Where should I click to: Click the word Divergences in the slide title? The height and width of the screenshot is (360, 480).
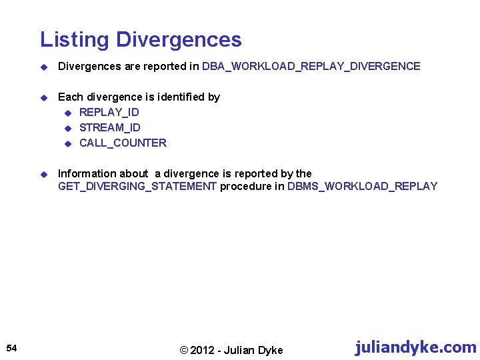pyautogui.click(x=179, y=40)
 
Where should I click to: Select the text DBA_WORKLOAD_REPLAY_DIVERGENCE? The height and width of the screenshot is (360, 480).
pyautogui.click(x=311, y=67)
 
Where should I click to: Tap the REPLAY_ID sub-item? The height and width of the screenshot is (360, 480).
pyautogui.click(x=109, y=112)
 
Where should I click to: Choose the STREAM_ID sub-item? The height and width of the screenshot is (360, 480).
pyautogui.click(x=110, y=127)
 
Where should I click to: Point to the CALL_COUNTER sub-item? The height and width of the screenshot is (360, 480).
pyautogui.click(x=123, y=143)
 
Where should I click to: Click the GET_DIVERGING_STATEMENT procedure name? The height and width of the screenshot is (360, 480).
pyautogui.click(x=137, y=187)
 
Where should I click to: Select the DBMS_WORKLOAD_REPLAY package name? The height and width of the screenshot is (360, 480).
pyautogui.click(x=362, y=187)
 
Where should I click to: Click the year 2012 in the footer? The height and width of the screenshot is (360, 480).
pyautogui.click(x=205, y=351)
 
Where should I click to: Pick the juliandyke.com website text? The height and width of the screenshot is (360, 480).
pyautogui.click(x=415, y=347)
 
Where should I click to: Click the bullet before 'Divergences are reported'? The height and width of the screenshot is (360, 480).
pyautogui.click(x=43, y=67)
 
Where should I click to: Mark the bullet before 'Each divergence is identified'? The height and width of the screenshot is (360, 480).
pyautogui.click(x=43, y=97)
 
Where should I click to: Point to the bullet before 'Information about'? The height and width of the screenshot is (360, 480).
pyautogui.click(x=43, y=174)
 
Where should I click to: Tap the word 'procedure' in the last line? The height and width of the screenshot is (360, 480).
pyautogui.click(x=245, y=187)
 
